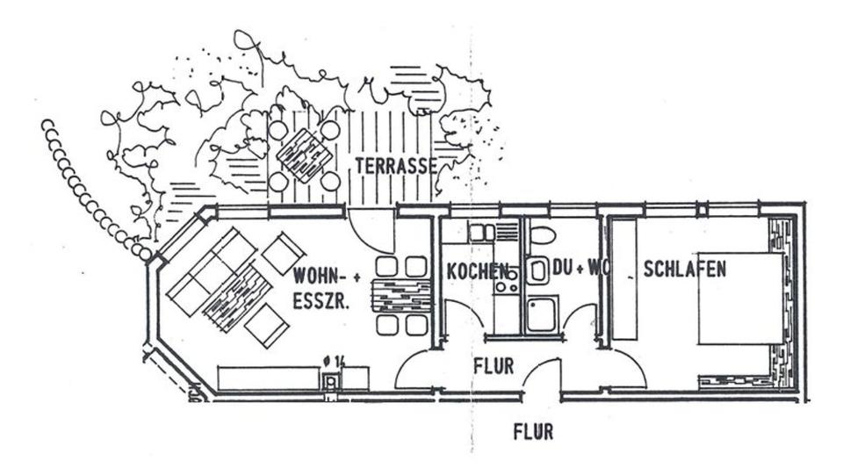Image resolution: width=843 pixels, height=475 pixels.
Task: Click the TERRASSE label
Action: [x=395, y=165]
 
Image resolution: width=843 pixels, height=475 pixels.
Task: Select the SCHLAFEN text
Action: [x=684, y=269]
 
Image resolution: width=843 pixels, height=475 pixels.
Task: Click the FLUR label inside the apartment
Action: [x=493, y=365]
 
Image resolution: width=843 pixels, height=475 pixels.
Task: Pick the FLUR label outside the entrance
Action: [x=533, y=432]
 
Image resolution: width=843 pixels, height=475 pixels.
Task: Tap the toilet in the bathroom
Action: [x=543, y=235]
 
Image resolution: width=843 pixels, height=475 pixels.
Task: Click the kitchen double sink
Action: [x=482, y=233]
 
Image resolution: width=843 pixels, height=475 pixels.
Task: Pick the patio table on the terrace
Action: [x=304, y=155]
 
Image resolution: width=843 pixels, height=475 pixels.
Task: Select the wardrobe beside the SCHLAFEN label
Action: [x=624, y=279]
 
